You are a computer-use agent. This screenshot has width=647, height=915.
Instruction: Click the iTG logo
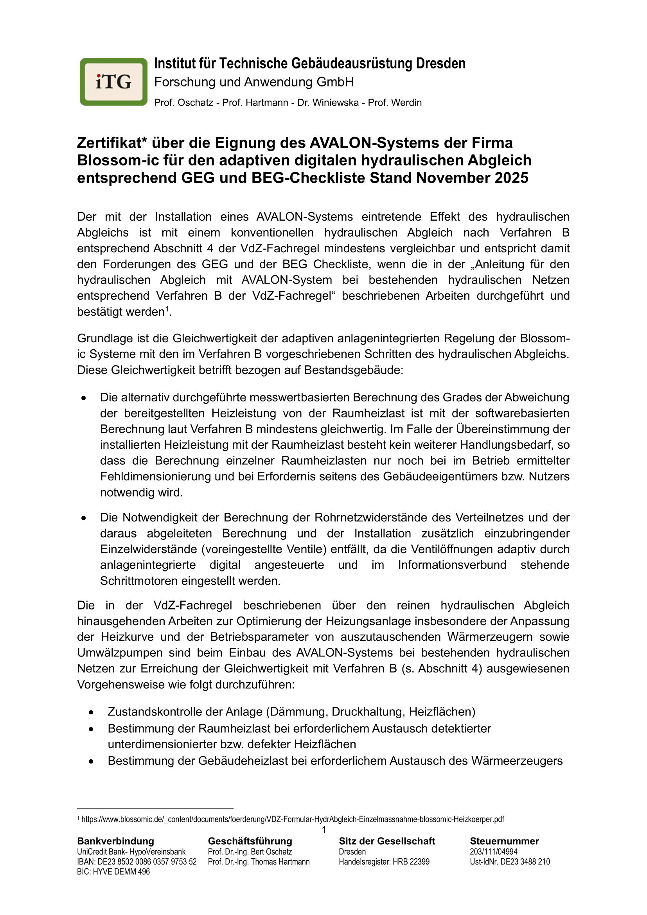click(x=113, y=82)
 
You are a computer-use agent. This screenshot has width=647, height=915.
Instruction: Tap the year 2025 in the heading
click(x=512, y=178)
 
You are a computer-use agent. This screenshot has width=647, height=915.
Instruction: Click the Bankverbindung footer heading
click(x=115, y=841)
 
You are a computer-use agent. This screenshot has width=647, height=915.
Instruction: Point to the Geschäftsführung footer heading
click(x=250, y=841)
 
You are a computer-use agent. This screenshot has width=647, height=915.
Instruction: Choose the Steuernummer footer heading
click(x=504, y=841)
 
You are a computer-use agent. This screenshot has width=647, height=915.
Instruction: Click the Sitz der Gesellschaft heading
click(x=387, y=841)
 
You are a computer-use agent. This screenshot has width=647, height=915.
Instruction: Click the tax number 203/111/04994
click(x=494, y=852)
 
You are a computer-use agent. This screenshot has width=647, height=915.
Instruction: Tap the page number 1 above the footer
click(x=324, y=830)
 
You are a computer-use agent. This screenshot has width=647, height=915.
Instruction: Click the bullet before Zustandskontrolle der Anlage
click(x=91, y=712)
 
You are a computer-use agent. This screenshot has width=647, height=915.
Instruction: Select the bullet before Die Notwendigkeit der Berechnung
click(x=84, y=518)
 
